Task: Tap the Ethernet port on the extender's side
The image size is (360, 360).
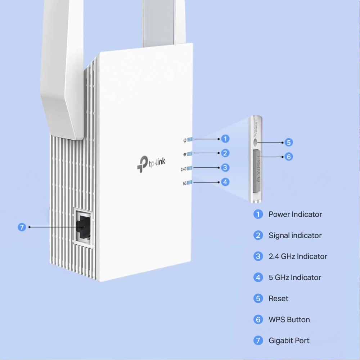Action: point(82,227)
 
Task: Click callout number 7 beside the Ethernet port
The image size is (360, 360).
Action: point(22,227)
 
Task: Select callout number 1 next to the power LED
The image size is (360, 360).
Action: point(225,139)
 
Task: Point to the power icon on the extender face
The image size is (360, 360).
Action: point(185,140)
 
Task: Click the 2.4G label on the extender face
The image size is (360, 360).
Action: point(184,168)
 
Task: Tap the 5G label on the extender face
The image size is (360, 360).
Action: point(184,183)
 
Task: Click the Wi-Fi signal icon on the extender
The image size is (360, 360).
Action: point(185,154)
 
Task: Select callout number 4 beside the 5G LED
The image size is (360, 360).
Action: point(225,182)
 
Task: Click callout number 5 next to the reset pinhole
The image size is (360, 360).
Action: point(289,142)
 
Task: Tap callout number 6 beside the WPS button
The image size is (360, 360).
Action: point(289,157)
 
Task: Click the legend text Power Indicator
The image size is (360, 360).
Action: point(295,214)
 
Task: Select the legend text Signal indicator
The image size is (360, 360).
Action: point(295,235)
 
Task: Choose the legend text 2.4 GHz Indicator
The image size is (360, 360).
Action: point(298,256)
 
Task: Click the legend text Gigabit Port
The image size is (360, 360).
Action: point(289,341)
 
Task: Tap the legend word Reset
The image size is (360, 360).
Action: point(278,298)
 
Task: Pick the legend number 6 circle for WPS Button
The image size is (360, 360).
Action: point(258,320)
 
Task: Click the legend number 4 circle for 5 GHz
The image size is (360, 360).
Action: point(258,278)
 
